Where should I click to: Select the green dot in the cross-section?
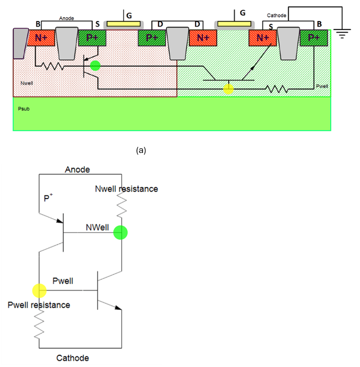point(95,66)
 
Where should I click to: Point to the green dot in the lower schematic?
point(121,232)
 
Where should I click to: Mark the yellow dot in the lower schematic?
point(39,291)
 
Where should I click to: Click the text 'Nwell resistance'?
point(126,189)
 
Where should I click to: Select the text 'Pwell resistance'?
point(39,305)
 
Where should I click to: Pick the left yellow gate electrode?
point(124,23)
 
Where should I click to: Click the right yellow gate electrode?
point(234,23)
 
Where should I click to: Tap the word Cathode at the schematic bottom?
point(72,358)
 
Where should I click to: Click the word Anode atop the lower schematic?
point(77,169)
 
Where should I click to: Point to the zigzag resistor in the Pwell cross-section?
point(277,89)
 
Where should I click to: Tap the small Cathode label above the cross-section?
point(276,15)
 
